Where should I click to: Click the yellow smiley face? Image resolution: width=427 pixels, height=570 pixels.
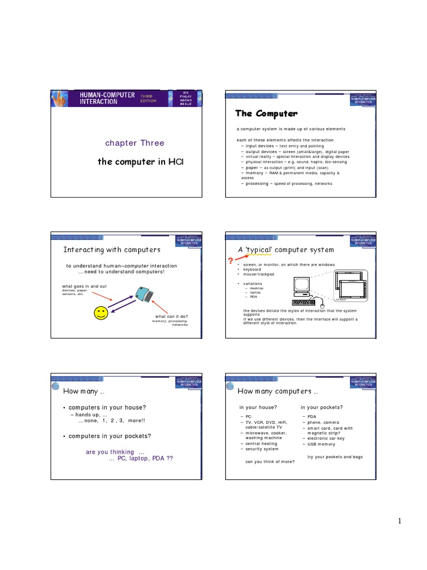tap(101, 313)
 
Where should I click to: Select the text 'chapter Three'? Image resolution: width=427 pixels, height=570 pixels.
tap(135, 143)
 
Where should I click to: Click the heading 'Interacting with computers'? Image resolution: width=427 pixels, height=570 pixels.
tap(112, 249)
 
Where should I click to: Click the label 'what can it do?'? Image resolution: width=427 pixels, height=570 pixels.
tap(171, 316)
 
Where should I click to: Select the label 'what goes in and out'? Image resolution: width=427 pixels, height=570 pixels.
tap(84, 286)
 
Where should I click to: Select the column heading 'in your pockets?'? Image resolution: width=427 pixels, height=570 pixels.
tap(322, 407)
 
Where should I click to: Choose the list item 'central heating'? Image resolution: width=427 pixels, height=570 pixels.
tap(261, 444)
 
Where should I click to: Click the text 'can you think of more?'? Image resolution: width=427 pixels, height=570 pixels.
tap(270, 461)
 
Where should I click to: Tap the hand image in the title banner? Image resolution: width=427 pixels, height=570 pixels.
tap(59, 99)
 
